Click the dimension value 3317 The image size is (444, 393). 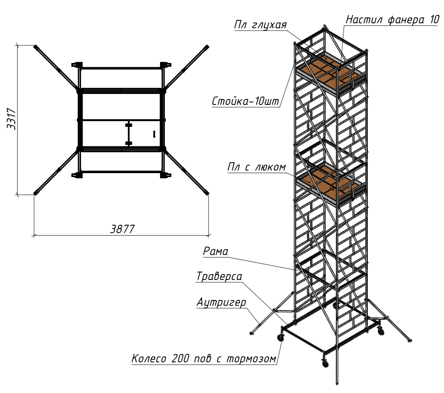click(x=11, y=119)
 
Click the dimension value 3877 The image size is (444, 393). click(x=122, y=229)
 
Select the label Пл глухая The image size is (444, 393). click(x=261, y=25)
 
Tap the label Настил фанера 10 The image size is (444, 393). click(x=393, y=20)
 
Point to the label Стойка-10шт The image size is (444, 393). click(x=245, y=101)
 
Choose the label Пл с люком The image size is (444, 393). click(x=257, y=167)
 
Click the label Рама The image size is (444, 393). click(x=215, y=251)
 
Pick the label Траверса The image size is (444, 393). click(x=219, y=276)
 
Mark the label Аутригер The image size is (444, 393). click(x=221, y=302)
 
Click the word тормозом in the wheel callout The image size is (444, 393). click(x=251, y=359)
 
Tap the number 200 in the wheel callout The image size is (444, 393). click(x=180, y=358)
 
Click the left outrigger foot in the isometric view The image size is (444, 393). click(x=251, y=333)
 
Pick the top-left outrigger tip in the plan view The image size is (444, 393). click(x=35, y=47)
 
